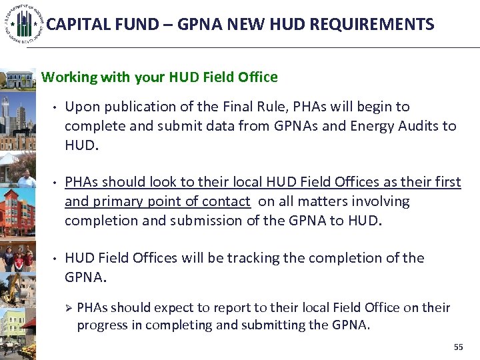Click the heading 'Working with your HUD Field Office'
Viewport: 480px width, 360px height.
(159, 77)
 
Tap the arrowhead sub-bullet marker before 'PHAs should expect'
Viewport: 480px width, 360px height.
(67, 308)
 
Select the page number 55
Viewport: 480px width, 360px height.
(458, 347)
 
